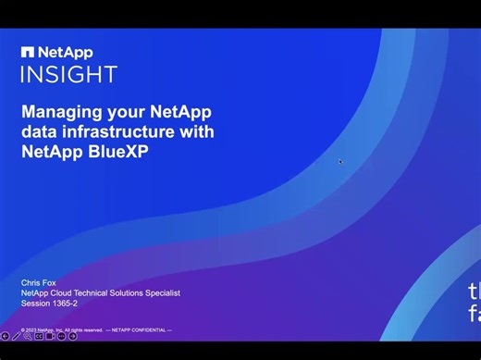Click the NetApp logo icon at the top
tap(28, 53)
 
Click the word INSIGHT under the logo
tap(68, 74)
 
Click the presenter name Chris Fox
tap(38, 282)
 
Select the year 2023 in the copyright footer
tap(33, 329)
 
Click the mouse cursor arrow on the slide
tap(340, 162)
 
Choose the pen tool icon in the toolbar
tap(17, 336)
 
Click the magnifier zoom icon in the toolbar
tap(28, 336)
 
